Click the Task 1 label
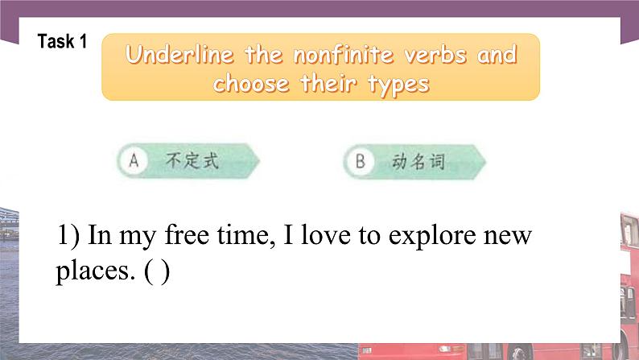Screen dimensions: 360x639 click(62, 43)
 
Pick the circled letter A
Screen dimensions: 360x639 click(134, 161)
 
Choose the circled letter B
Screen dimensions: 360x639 click(360, 161)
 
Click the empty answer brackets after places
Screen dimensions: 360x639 click(158, 272)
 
